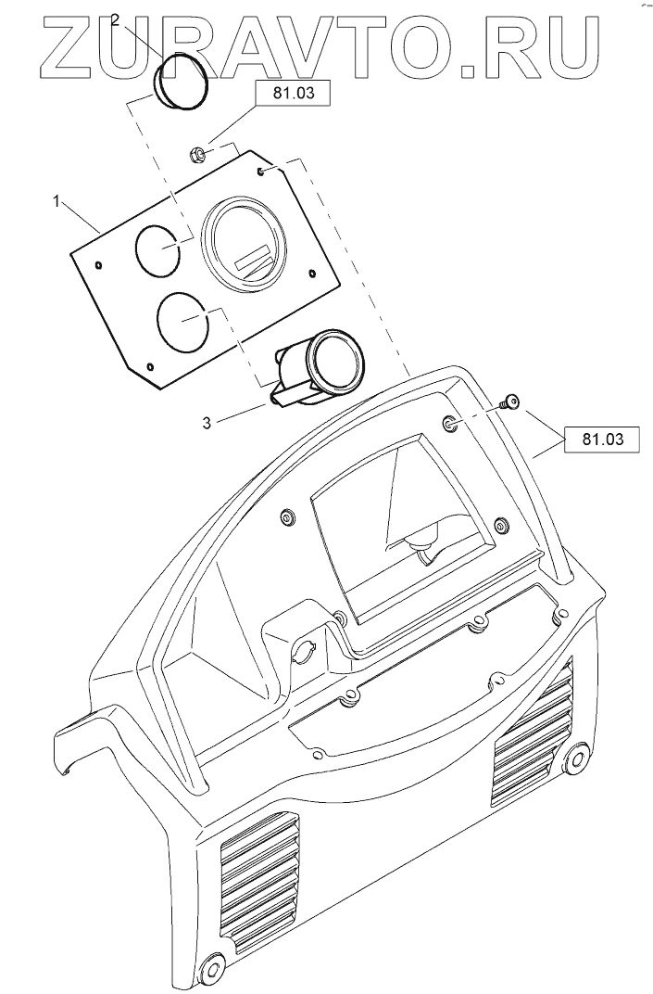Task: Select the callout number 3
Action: pyautogui.click(x=206, y=423)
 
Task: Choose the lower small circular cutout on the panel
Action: pyautogui.click(x=183, y=321)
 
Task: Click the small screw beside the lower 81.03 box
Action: pyautogui.click(x=505, y=402)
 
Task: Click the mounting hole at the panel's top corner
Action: pyautogui.click(x=264, y=171)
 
